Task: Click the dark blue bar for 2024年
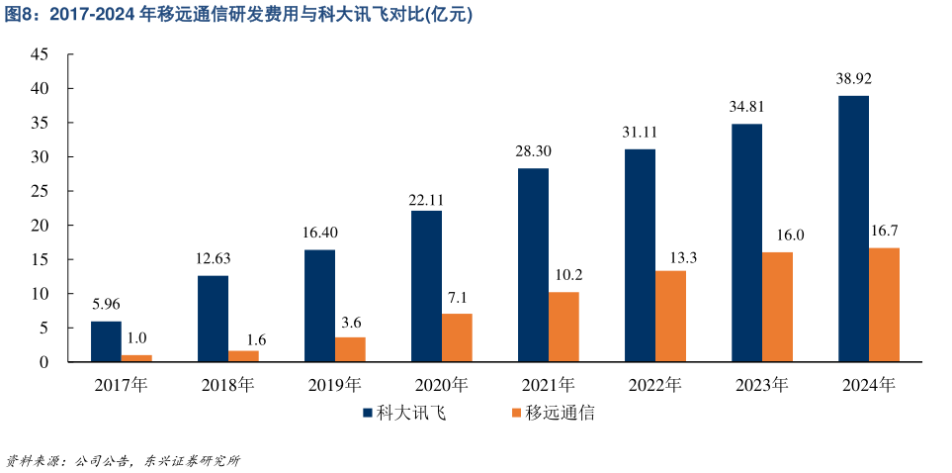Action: (x=853, y=229)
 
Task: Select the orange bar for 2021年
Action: (x=563, y=327)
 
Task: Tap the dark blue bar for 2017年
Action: (x=106, y=341)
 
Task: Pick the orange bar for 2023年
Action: (x=777, y=307)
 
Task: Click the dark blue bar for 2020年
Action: (x=426, y=286)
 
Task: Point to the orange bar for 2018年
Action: (x=243, y=356)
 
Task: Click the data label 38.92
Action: (x=853, y=78)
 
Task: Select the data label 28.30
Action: (x=533, y=150)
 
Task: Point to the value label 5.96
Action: (x=106, y=304)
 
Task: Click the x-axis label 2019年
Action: (x=333, y=386)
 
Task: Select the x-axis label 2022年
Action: (x=653, y=386)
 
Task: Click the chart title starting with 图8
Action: (x=237, y=14)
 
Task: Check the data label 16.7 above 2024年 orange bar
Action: (x=884, y=231)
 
